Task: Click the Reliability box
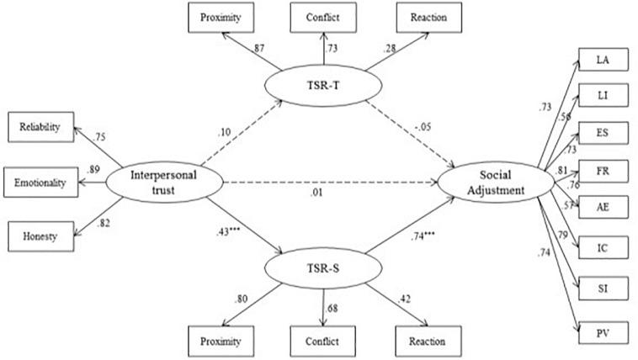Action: coord(39,127)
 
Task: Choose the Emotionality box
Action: coord(39,182)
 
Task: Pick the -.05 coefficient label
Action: coord(423,125)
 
